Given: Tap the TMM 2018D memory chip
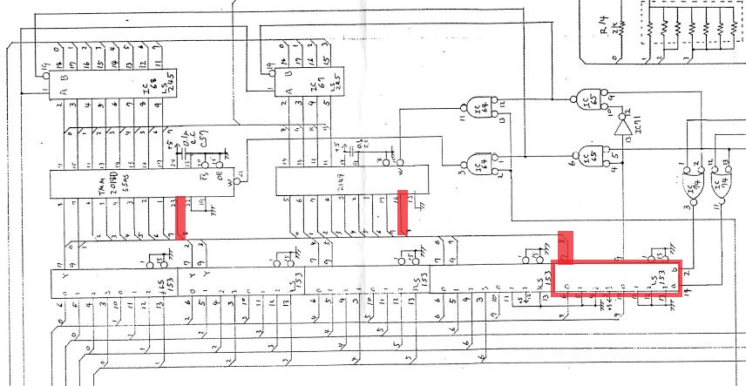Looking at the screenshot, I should (x=131, y=184).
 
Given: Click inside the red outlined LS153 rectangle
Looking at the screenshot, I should (x=618, y=279).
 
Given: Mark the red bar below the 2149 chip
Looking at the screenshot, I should (x=403, y=212).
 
